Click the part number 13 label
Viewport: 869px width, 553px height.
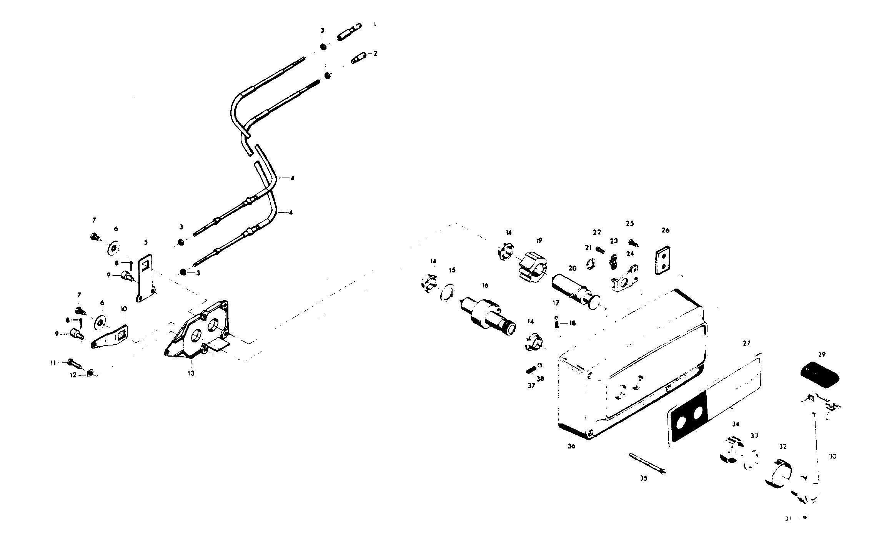click(x=191, y=373)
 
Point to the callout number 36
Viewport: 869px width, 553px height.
click(x=571, y=446)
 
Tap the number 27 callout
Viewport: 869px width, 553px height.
click(x=746, y=344)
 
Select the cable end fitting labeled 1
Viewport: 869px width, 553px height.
click(x=349, y=32)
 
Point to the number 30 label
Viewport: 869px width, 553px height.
click(x=832, y=457)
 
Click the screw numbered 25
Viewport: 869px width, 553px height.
click(x=633, y=243)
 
